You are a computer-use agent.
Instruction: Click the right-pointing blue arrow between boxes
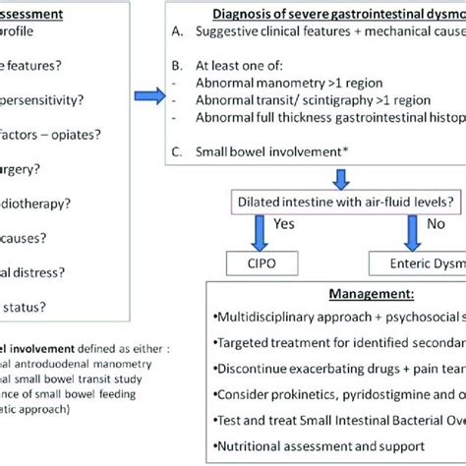tap(149, 94)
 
